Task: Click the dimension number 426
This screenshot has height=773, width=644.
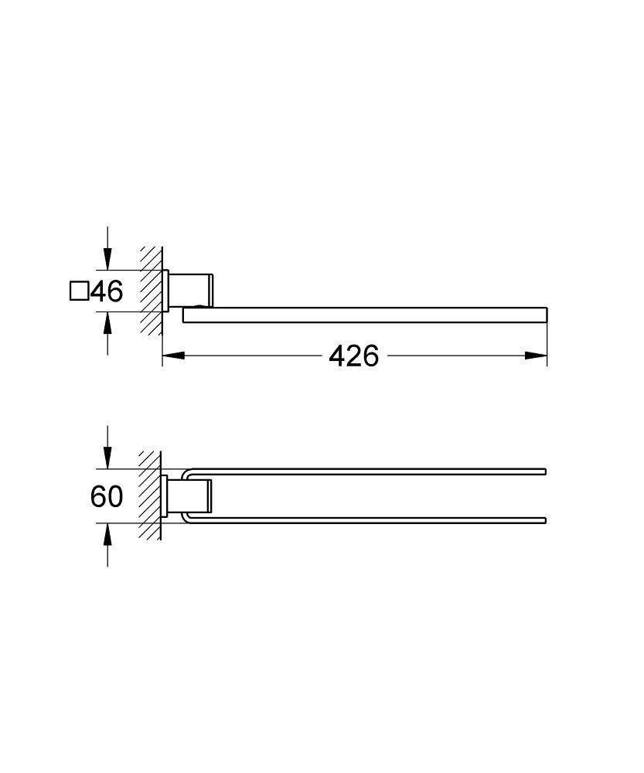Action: [x=353, y=356]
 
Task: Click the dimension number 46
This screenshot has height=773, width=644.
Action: [x=107, y=291]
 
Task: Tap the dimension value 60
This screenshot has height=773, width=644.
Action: [x=107, y=496]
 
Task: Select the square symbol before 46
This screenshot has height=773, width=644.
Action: [x=78, y=291]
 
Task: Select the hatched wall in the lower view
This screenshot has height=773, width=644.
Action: [x=150, y=495]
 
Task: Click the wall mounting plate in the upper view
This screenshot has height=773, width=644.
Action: [x=165, y=291]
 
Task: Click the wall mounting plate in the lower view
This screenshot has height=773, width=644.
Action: [x=165, y=495]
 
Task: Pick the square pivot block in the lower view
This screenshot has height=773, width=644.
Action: [x=196, y=495]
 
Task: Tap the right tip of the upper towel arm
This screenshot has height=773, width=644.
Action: [x=544, y=472]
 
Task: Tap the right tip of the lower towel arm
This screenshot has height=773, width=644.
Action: [x=544, y=519]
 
